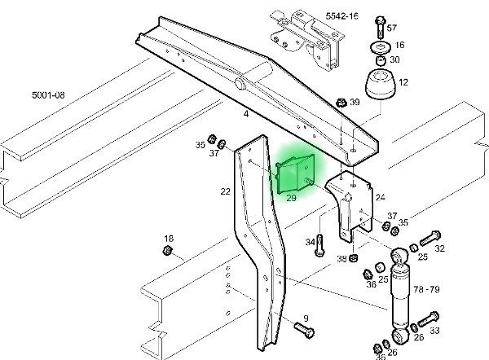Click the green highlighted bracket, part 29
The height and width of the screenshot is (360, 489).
295,173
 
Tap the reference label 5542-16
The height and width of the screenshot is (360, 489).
341,16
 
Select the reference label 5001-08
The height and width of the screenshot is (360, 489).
48,94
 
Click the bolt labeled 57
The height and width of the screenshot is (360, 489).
381,27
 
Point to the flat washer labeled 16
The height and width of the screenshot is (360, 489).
381,47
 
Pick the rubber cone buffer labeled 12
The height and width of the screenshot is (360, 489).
381,84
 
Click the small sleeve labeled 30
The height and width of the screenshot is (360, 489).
381,60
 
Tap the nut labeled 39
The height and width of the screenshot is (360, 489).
341,103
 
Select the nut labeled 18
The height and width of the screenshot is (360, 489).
168,250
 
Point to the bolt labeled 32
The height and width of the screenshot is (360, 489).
430,238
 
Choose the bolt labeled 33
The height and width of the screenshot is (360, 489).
429,319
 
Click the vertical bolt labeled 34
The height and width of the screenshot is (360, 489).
320,245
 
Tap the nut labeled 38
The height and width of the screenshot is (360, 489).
353,257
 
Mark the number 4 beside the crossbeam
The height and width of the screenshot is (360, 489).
246,114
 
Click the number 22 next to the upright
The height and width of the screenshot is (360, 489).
225,191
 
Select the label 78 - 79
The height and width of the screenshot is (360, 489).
426,290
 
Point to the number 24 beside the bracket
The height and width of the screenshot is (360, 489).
381,197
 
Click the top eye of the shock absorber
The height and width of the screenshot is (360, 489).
399,256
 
